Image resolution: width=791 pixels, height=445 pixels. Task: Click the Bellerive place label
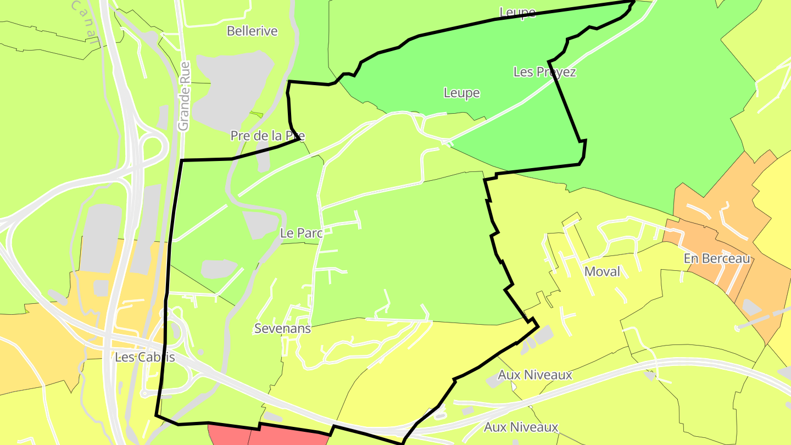tap(252, 31)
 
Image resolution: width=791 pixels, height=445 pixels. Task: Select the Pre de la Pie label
tap(268, 136)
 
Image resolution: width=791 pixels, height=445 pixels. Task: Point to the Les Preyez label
tap(544, 72)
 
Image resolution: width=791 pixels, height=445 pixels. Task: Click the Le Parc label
tap(300, 233)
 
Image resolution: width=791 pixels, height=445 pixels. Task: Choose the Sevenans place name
tap(282, 329)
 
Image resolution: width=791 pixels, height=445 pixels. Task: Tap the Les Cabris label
tap(145, 357)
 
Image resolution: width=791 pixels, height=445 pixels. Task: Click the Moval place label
tap(602, 271)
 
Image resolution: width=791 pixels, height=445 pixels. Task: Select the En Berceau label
tap(717, 258)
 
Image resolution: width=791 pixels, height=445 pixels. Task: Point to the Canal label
tap(86, 19)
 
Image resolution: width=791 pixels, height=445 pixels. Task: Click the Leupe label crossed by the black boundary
tap(517, 12)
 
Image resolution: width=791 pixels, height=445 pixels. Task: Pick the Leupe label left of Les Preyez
tap(461, 93)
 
